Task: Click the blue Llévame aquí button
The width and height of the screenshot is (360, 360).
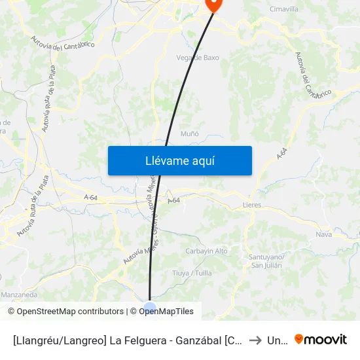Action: [x=179, y=160]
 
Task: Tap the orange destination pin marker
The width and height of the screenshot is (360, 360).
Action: [x=213, y=4]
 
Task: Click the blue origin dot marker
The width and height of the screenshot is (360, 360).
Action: [x=150, y=308]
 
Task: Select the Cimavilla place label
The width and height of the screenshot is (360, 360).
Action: [x=284, y=9]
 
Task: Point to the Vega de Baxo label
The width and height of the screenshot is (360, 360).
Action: [x=198, y=58]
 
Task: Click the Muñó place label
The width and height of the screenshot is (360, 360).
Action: [x=190, y=134]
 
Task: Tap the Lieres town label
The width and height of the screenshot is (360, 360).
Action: [x=251, y=205]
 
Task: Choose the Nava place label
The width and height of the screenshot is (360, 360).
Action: [x=323, y=234]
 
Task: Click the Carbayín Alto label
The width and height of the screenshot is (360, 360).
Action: [x=206, y=251]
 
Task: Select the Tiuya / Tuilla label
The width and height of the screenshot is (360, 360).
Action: [x=192, y=273]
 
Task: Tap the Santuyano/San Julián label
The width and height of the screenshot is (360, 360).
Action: [x=266, y=261]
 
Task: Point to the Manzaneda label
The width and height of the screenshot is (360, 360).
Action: [x=19, y=295]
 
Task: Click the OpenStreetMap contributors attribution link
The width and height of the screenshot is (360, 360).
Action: [x=71, y=312]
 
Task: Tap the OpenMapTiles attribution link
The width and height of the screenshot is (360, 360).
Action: [x=166, y=312]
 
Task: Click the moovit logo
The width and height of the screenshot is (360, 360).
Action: [x=320, y=340]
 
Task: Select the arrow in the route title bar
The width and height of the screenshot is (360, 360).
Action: [x=255, y=340]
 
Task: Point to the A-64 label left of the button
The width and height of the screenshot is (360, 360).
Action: [x=90, y=197]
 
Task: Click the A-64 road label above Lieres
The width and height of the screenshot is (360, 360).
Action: [x=282, y=155]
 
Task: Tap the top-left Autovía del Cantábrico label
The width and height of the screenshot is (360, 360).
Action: [x=63, y=43]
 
